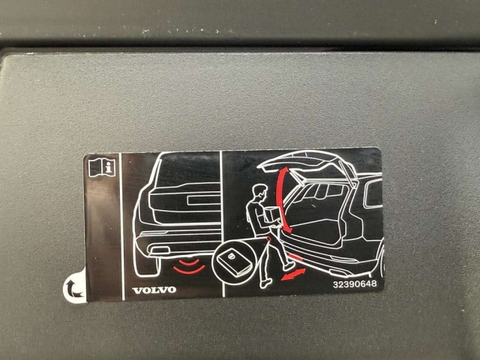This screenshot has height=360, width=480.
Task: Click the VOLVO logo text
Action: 154,290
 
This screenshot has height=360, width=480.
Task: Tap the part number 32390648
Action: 355,283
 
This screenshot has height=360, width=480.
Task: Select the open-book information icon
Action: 102,167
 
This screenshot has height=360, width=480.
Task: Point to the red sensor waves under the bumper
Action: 189,266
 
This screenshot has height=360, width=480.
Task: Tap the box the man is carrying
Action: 271,214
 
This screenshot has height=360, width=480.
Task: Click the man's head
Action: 259,193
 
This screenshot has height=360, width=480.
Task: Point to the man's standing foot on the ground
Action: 265,283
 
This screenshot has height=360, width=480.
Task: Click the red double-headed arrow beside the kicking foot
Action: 293,274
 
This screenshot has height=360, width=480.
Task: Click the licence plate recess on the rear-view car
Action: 203,200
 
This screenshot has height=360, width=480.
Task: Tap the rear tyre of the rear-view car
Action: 147,265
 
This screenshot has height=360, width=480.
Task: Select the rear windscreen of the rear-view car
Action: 188,171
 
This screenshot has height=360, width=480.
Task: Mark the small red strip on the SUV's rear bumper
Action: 295,257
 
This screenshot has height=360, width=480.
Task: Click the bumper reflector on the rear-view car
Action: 159,250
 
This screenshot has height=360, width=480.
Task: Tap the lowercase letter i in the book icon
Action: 108,168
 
